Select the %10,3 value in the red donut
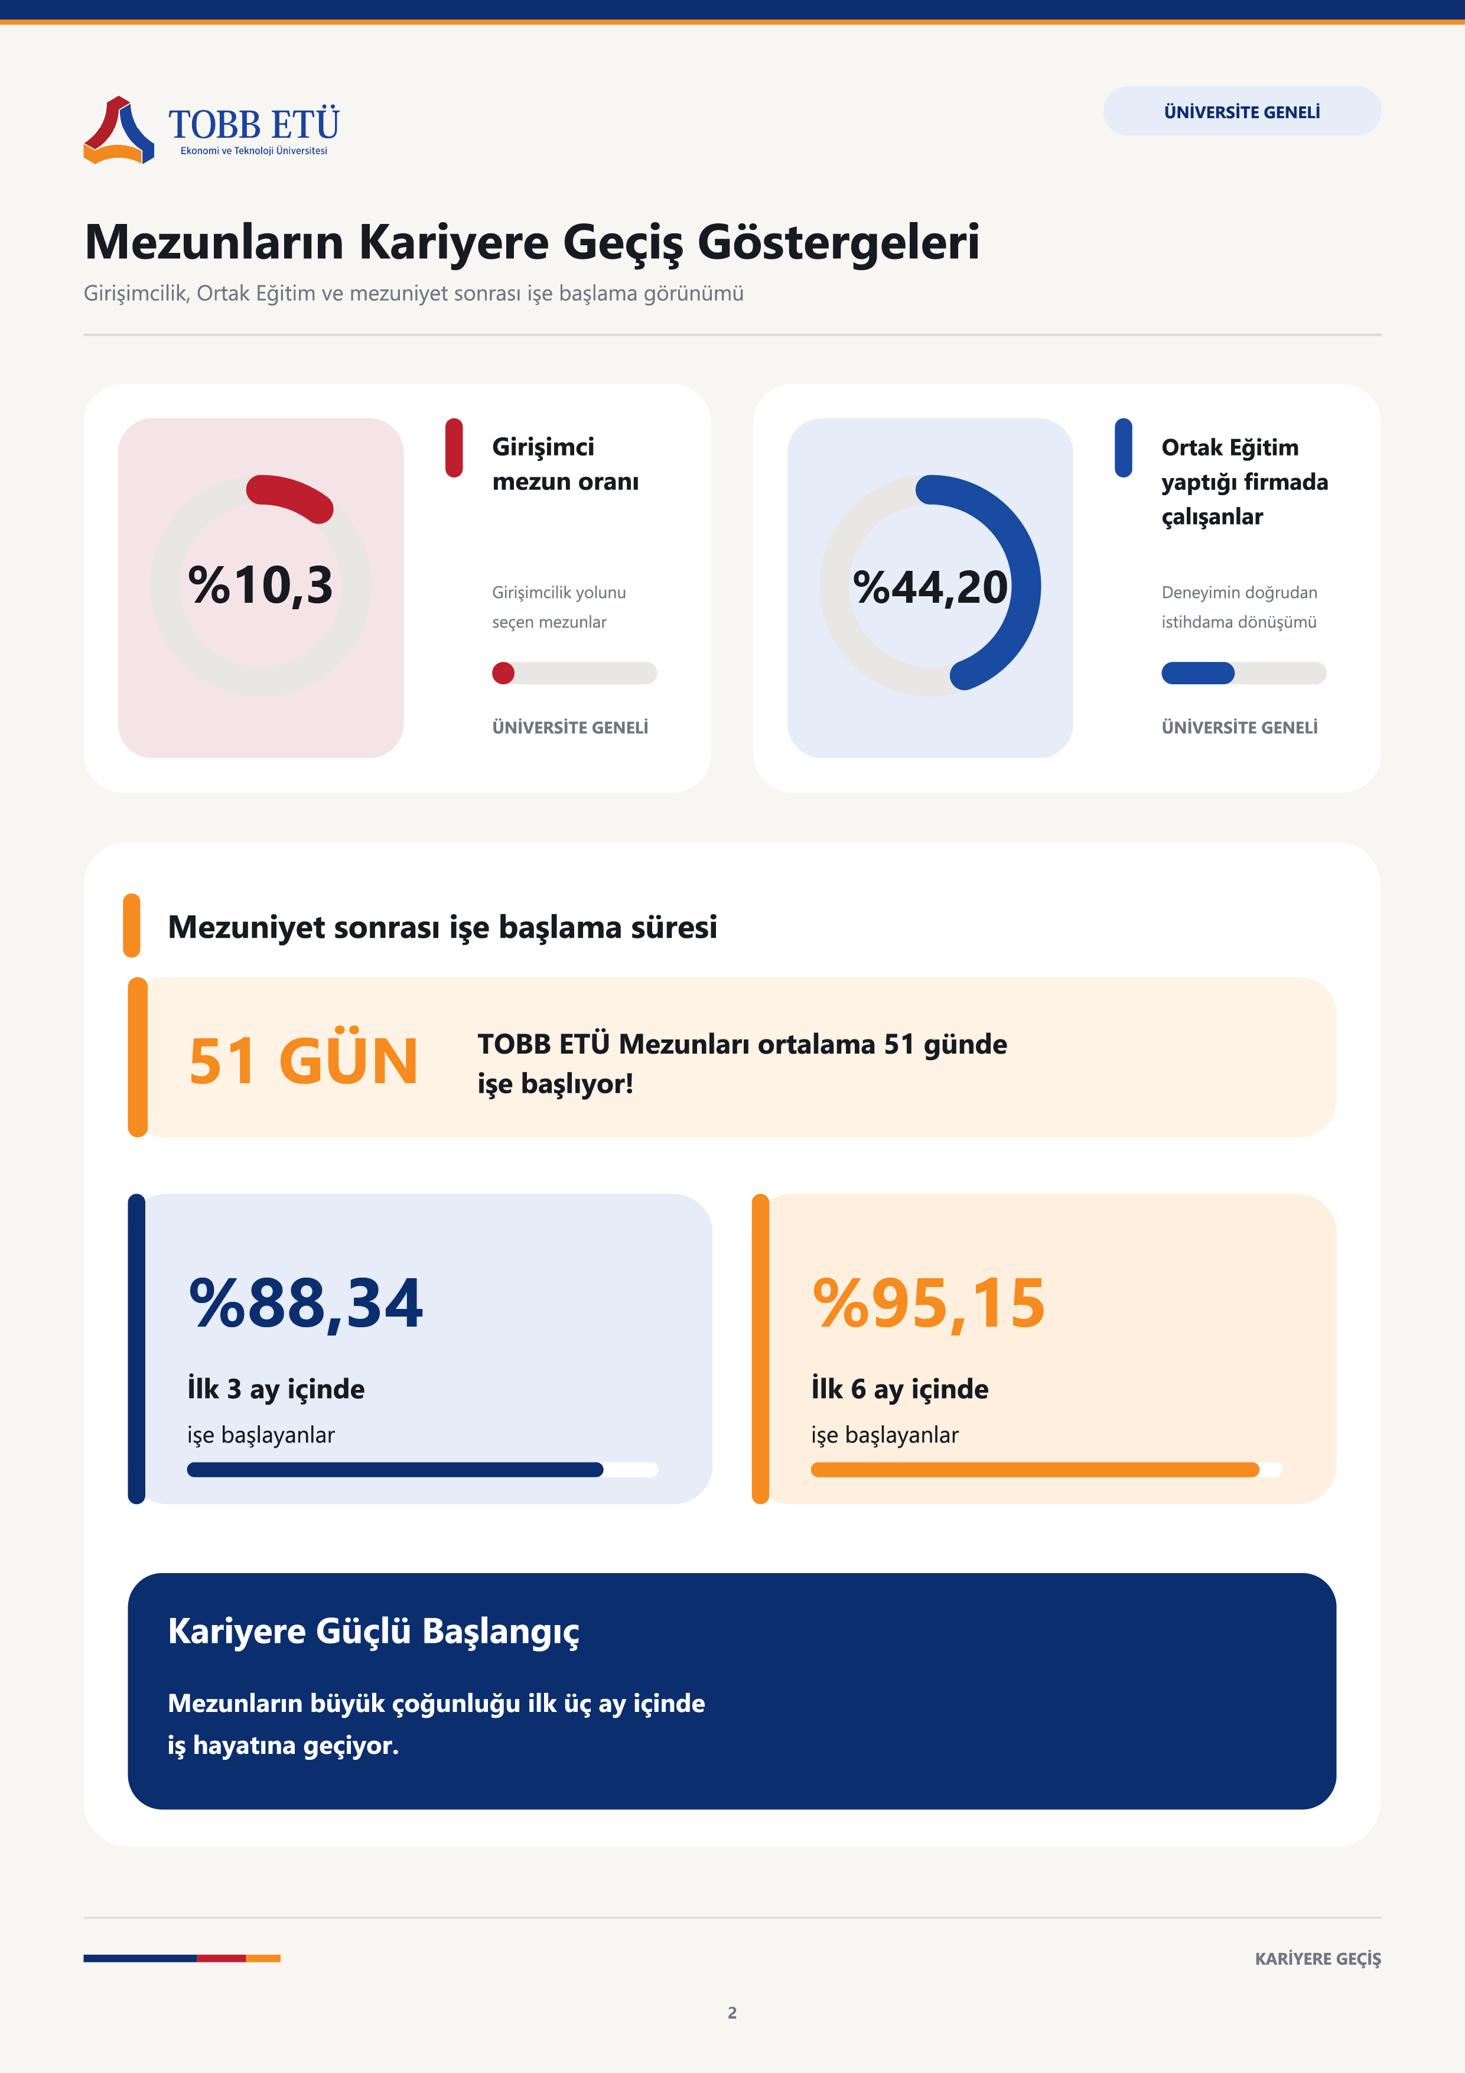tap(261, 584)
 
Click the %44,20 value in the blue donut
tap(930, 587)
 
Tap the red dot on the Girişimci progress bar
tap(503, 672)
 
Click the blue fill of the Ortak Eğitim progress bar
tap(1198, 672)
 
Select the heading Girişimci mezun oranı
tap(565, 464)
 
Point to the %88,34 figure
tap(305, 1303)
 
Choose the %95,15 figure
tap(929, 1303)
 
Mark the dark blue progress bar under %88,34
tap(395, 1469)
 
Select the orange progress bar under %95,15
tap(1036, 1469)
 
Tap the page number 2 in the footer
tap(732, 2013)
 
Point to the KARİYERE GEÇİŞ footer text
tap(1318, 1958)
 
